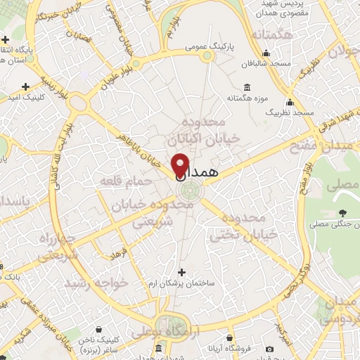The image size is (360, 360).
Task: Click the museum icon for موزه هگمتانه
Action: pyautogui.click(x=247, y=87)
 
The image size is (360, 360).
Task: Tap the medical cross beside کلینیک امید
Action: pyautogui.click(x=26, y=87)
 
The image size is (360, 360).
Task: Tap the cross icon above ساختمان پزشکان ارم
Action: pyautogui.click(x=182, y=272)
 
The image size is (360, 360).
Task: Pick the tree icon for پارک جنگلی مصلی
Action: pyautogui.click(x=342, y=212)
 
